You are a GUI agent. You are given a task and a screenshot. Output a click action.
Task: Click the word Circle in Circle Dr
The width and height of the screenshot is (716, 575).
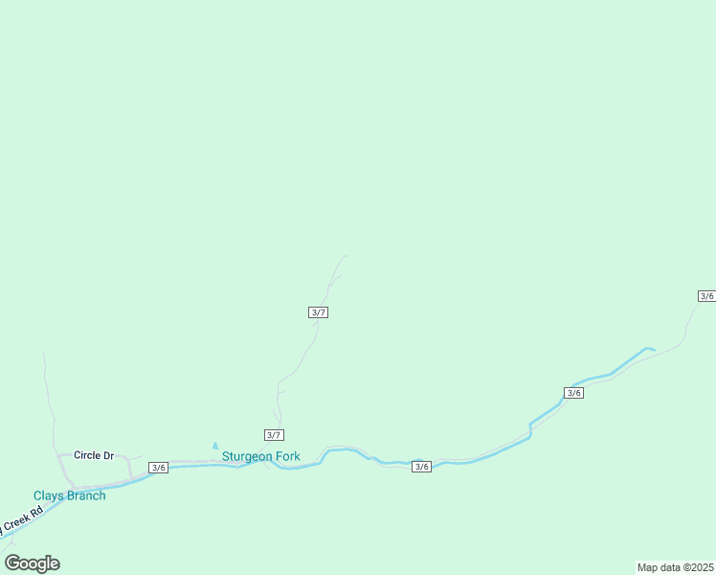point(88,455)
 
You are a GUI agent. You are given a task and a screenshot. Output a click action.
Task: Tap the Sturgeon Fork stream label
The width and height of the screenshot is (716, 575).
point(261,456)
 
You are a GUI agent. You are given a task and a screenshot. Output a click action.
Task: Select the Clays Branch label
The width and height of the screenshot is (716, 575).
point(70,495)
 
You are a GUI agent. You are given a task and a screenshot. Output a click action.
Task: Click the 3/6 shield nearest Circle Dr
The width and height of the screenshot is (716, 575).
point(158,468)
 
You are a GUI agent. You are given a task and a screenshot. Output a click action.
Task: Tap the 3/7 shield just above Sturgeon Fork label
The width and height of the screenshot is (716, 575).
point(274,435)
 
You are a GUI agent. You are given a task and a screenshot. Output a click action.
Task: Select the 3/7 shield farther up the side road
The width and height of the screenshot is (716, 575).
point(319,312)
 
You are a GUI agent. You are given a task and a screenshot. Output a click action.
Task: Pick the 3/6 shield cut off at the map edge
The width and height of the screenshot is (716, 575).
point(706,296)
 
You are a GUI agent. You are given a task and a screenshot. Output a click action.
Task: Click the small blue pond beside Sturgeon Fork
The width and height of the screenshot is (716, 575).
point(215,446)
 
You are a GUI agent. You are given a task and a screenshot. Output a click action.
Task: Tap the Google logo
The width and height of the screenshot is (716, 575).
point(33,563)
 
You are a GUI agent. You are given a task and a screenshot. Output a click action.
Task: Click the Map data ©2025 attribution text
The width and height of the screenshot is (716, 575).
point(676,567)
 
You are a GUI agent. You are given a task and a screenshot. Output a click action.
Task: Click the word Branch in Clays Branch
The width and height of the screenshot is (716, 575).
point(85,495)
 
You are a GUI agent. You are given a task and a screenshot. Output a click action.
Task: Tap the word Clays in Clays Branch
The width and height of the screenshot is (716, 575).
point(48,495)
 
